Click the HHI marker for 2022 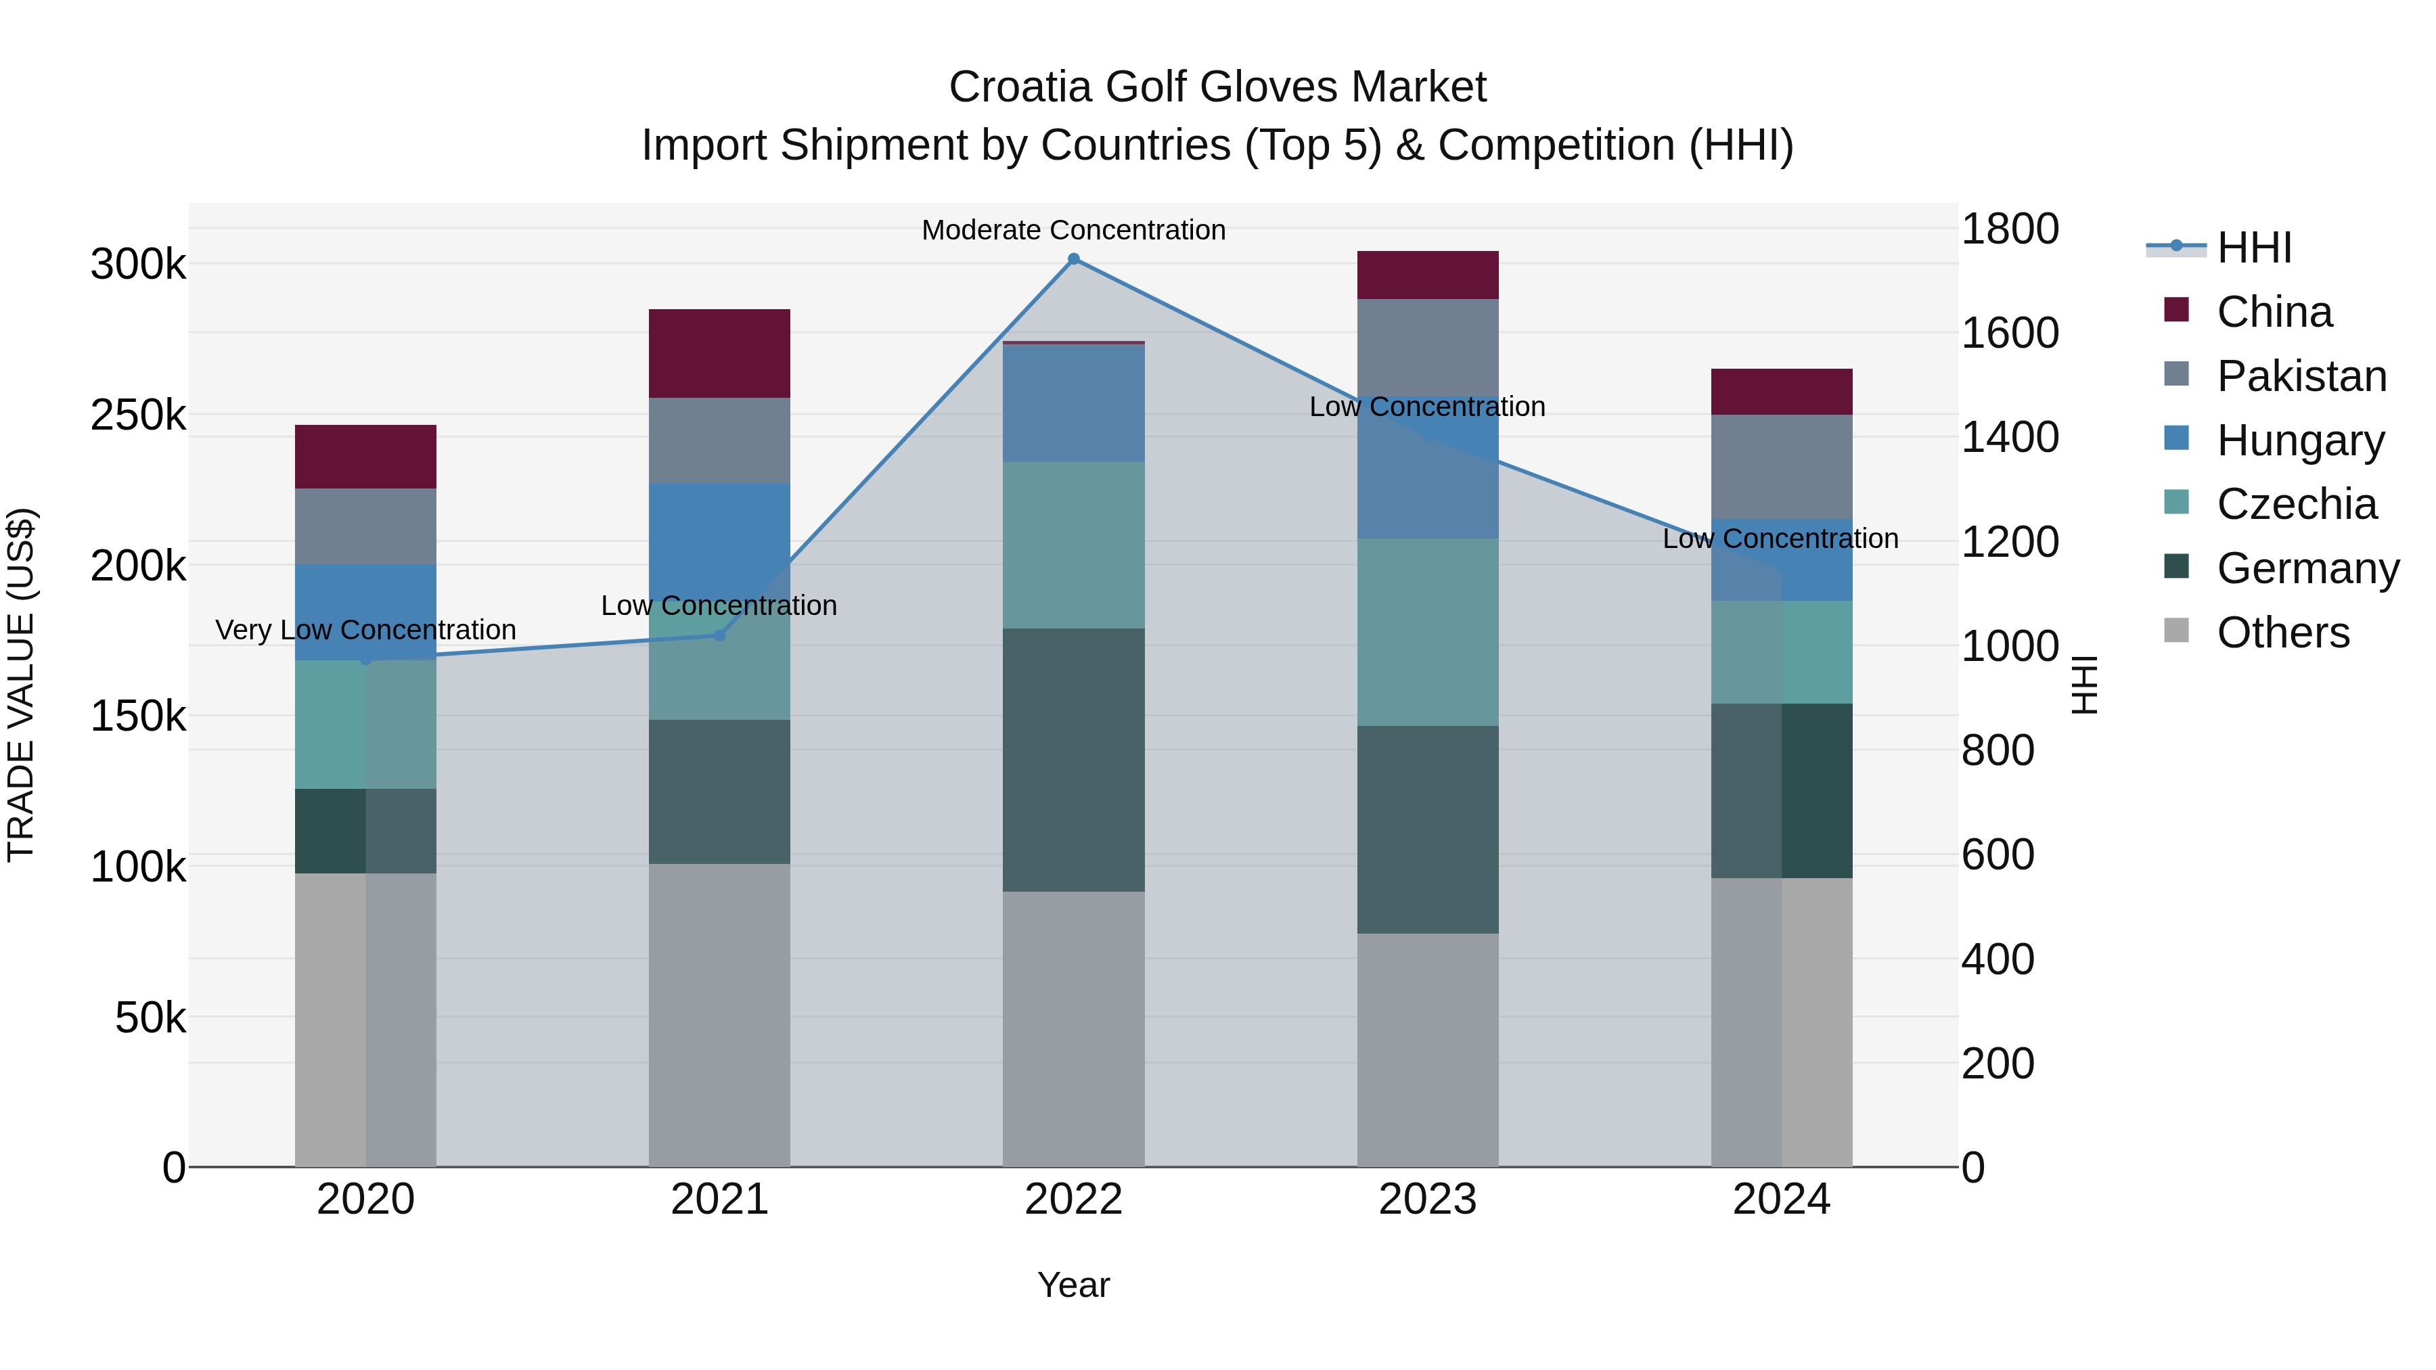[x=1073, y=259]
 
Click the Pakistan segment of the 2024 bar [x=1781, y=466]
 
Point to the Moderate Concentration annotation [x=1073, y=230]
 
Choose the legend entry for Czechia [x=2295, y=504]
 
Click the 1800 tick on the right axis [x=2010, y=229]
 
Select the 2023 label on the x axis [x=1427, y=1200]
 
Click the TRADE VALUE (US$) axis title [x=21, y=685]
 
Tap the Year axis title [x=1073, y=1285]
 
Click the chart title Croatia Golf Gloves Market [x=1217, y=87]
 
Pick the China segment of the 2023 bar [x=1427, y=275]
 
